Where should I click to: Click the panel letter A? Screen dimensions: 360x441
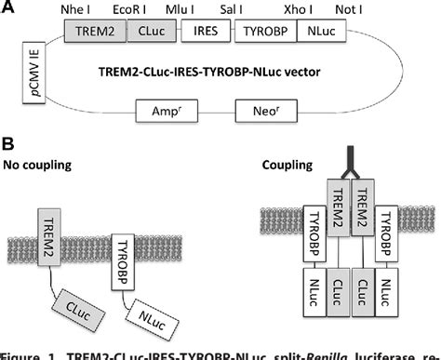[x=8, y=8]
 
